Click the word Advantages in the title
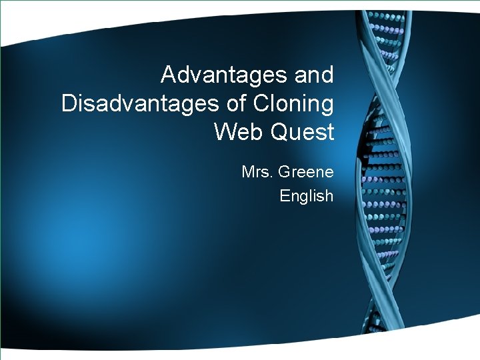[221, 75]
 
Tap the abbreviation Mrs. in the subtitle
[257, 173]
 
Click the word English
[306, 196]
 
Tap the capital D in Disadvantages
[69, 104]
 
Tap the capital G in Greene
[283, 173]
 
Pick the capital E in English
[285, 196]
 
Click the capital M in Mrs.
[248, 173]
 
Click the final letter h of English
[329, 196]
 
